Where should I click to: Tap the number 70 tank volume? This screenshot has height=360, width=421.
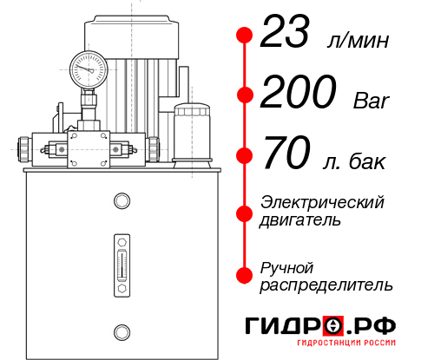click(x=286, y=156)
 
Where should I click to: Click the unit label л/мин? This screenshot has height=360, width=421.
click(x=358, y=41)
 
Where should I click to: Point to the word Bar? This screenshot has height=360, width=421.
click(x=372, y=101)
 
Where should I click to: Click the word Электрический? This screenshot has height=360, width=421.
click(x=322, y=202)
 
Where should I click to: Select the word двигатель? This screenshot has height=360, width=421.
click(x=300, y=219)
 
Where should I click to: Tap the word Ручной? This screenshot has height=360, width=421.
click(x=286, y=266)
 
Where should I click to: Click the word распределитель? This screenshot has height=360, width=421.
click(x=326, y=284)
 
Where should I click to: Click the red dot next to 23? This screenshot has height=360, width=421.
click(x=245, y=36)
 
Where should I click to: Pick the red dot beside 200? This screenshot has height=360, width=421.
click(x=245, y=95)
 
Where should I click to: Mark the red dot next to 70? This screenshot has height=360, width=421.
click(x=245, y=156)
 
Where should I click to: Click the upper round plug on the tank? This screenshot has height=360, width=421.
click(x=121, y=202)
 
